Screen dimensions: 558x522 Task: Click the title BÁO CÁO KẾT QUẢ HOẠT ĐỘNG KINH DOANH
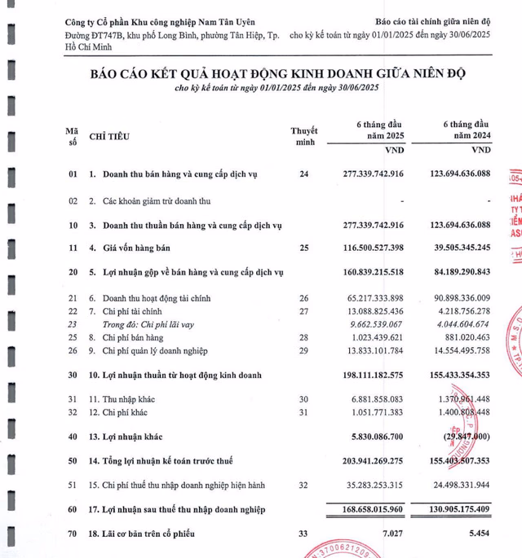278,74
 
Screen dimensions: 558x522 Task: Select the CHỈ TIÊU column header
108,136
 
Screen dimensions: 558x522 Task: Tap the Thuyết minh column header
303,136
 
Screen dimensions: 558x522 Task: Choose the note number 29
304,349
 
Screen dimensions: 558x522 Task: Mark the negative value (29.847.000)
462,437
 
